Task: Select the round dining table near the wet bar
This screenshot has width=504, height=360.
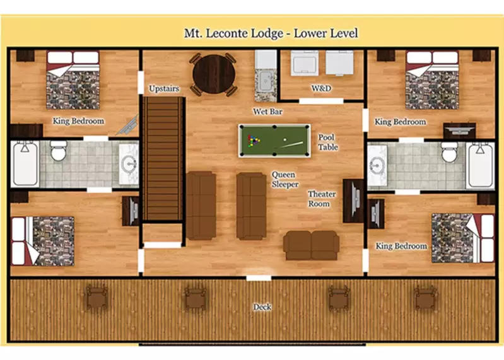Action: [x=213, y=73]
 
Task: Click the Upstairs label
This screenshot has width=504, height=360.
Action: [x=164, y=89]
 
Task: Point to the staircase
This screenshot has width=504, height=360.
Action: [x=163, y=158]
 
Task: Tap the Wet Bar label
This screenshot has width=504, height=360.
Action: [x=267, y=112]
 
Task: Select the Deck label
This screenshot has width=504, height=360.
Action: [x=262, y=307]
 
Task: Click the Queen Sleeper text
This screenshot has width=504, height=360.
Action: [x=285, y=179]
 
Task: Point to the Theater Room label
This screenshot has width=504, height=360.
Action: [x=322, y=199]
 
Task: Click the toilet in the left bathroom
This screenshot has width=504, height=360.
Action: [x=59, y=151]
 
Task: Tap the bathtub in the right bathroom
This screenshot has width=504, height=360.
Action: [x=480, y=165]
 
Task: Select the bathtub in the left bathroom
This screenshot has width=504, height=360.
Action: [x=25, y=165]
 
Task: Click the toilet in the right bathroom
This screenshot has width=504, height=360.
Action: [x=449, y=152]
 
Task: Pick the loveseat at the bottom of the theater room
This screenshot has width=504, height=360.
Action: [x=311, y=245]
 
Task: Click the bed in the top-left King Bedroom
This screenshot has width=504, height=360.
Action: [x=73, y=80]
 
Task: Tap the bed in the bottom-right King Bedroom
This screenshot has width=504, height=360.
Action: [x=462, y=238]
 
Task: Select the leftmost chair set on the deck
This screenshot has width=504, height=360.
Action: [x=96, y=298]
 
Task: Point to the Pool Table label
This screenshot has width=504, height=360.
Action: [x=327, y=142]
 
